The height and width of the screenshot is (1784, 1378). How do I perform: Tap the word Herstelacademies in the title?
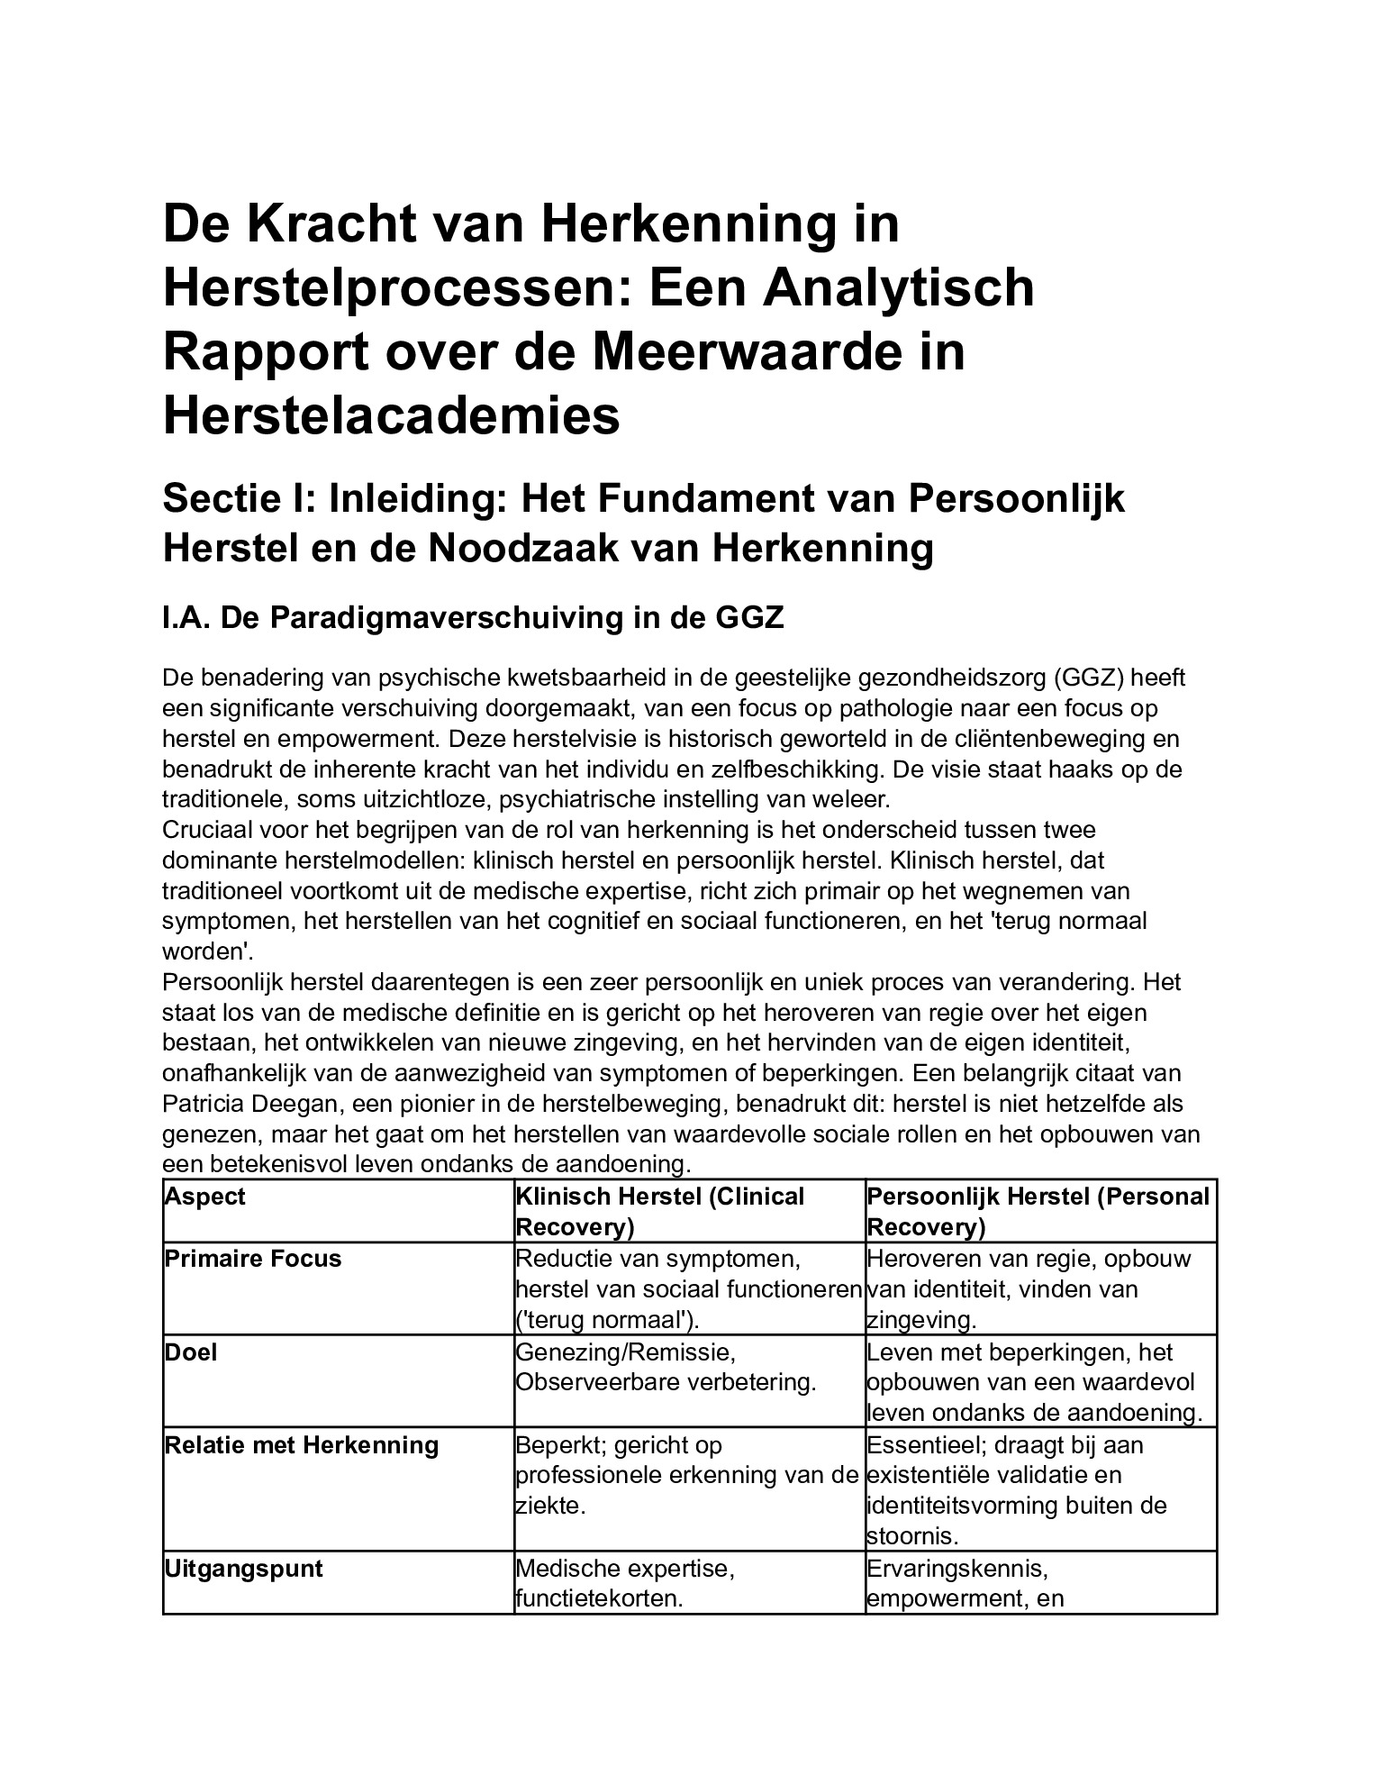[x=391, y=415]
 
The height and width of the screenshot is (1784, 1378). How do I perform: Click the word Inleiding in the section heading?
[x=418, y=499]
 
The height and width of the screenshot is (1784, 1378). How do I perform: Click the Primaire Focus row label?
[x=252, y=1258]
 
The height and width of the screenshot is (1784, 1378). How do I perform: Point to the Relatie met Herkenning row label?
[x=301, y=1445]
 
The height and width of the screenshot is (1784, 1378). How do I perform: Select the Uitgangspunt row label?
[x=243, y=1569]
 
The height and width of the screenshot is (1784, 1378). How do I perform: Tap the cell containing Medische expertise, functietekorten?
[x=625, y=1583]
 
